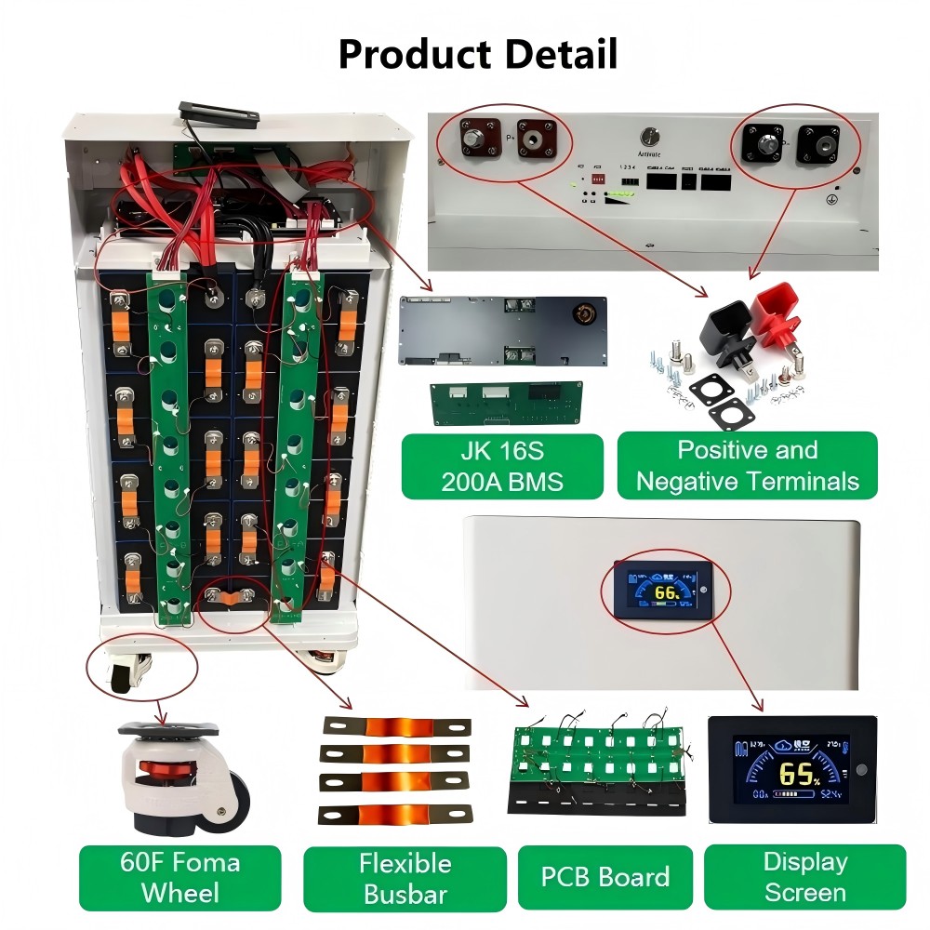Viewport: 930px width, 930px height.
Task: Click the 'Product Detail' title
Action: [477, 54]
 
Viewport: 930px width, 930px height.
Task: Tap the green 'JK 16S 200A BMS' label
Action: [502, 466]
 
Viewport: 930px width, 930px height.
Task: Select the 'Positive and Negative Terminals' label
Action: [748, 466]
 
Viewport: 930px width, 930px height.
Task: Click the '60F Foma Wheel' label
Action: [179, 877]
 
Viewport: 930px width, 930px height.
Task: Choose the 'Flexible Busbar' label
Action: [405, 877]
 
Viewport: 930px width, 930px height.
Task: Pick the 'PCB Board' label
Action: [604, 877]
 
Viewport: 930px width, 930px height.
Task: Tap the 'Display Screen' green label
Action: [804, 877]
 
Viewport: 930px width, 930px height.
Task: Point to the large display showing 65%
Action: [790, 770]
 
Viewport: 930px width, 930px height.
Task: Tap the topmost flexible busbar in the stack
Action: [396, 726]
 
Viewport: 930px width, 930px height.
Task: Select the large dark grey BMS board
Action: [502, 332]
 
